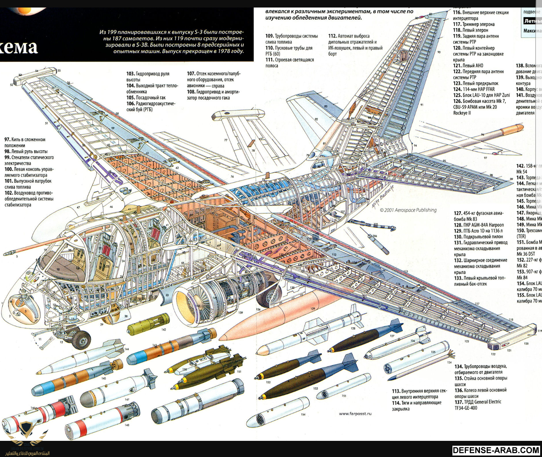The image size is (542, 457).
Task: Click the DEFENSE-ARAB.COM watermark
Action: (496, 450)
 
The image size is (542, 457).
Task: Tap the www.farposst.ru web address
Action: (355, 414)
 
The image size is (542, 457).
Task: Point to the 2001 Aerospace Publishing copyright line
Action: (408, 210)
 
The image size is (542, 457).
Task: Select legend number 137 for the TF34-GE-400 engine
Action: (458, 402)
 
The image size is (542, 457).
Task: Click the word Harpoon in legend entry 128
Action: (495, 225)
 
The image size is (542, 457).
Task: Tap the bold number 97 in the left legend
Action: (7, 139)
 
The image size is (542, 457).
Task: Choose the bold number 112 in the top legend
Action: (332, 36)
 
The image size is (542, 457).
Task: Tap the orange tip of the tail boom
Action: (513, 130)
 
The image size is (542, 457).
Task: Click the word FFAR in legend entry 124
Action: (490, 89)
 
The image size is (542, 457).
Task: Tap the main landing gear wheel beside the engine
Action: (268, 293)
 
